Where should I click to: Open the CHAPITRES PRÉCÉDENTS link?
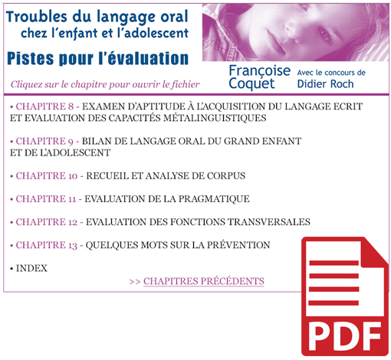click(203, 281)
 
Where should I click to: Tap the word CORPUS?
click(225, 176)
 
